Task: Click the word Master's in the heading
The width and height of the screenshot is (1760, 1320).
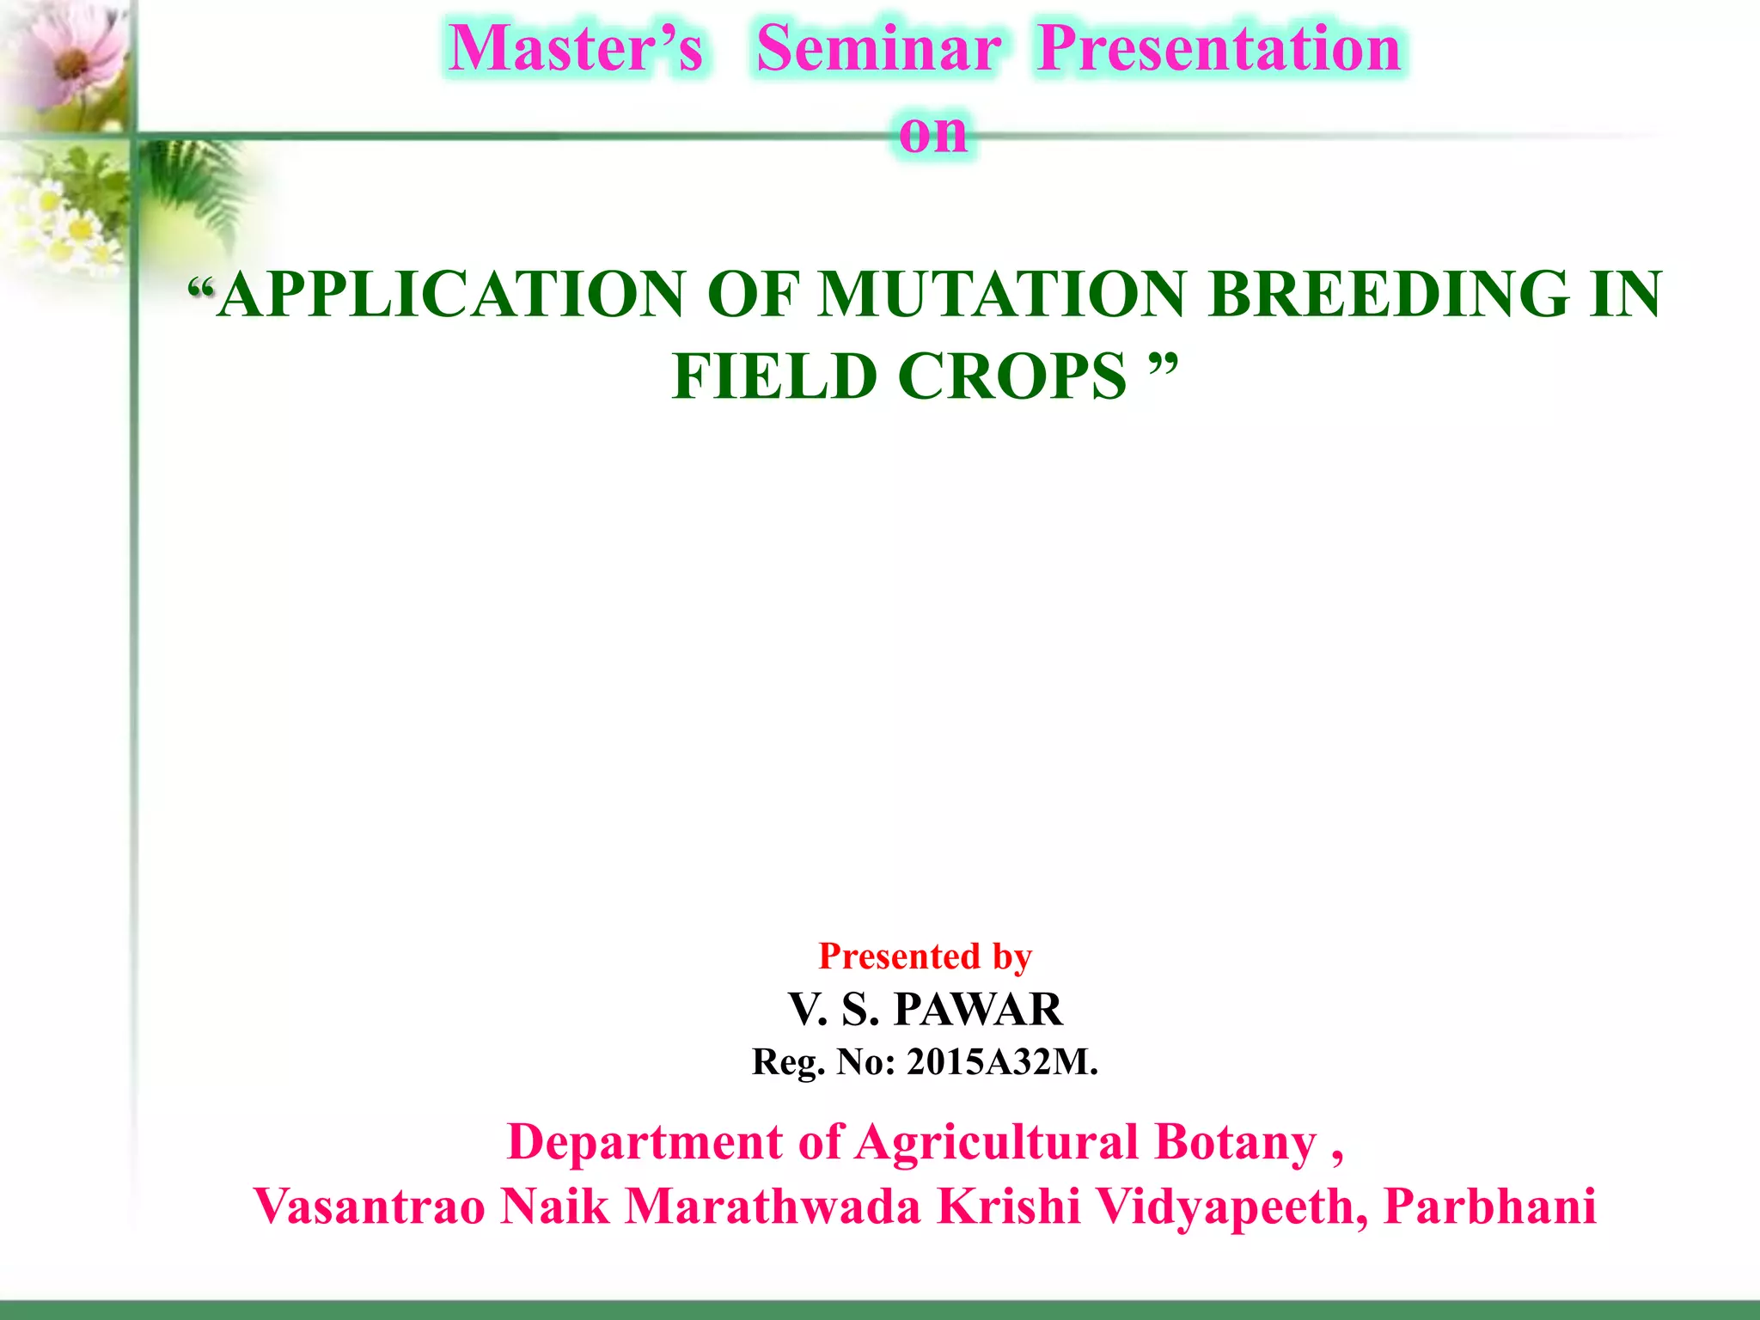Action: [x=576, y=48]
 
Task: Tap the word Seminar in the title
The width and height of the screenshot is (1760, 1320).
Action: [x=878, y=48]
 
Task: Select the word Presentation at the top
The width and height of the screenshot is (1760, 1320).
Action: [x=1219, y=48]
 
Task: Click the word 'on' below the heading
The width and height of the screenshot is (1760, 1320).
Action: [x=932, y=132]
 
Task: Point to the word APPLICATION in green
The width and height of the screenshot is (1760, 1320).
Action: [x=451, y=295]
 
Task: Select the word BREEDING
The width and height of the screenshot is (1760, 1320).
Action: [x=1387, y=295]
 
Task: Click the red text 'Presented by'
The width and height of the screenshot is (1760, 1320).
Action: [x=925, y=956]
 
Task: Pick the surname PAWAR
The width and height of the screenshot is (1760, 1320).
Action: [x=978, y=1009]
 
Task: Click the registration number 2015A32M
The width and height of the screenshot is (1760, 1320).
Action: [x=1001, y=1062]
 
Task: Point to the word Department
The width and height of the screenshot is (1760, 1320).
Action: [x=645, y=1143]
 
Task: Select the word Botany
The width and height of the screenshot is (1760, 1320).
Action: [x=1235, y=1143]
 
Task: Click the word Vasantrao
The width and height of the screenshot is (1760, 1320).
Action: [x=370, y=1207]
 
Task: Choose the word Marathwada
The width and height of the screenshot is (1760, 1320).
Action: [x=773, y=1207]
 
